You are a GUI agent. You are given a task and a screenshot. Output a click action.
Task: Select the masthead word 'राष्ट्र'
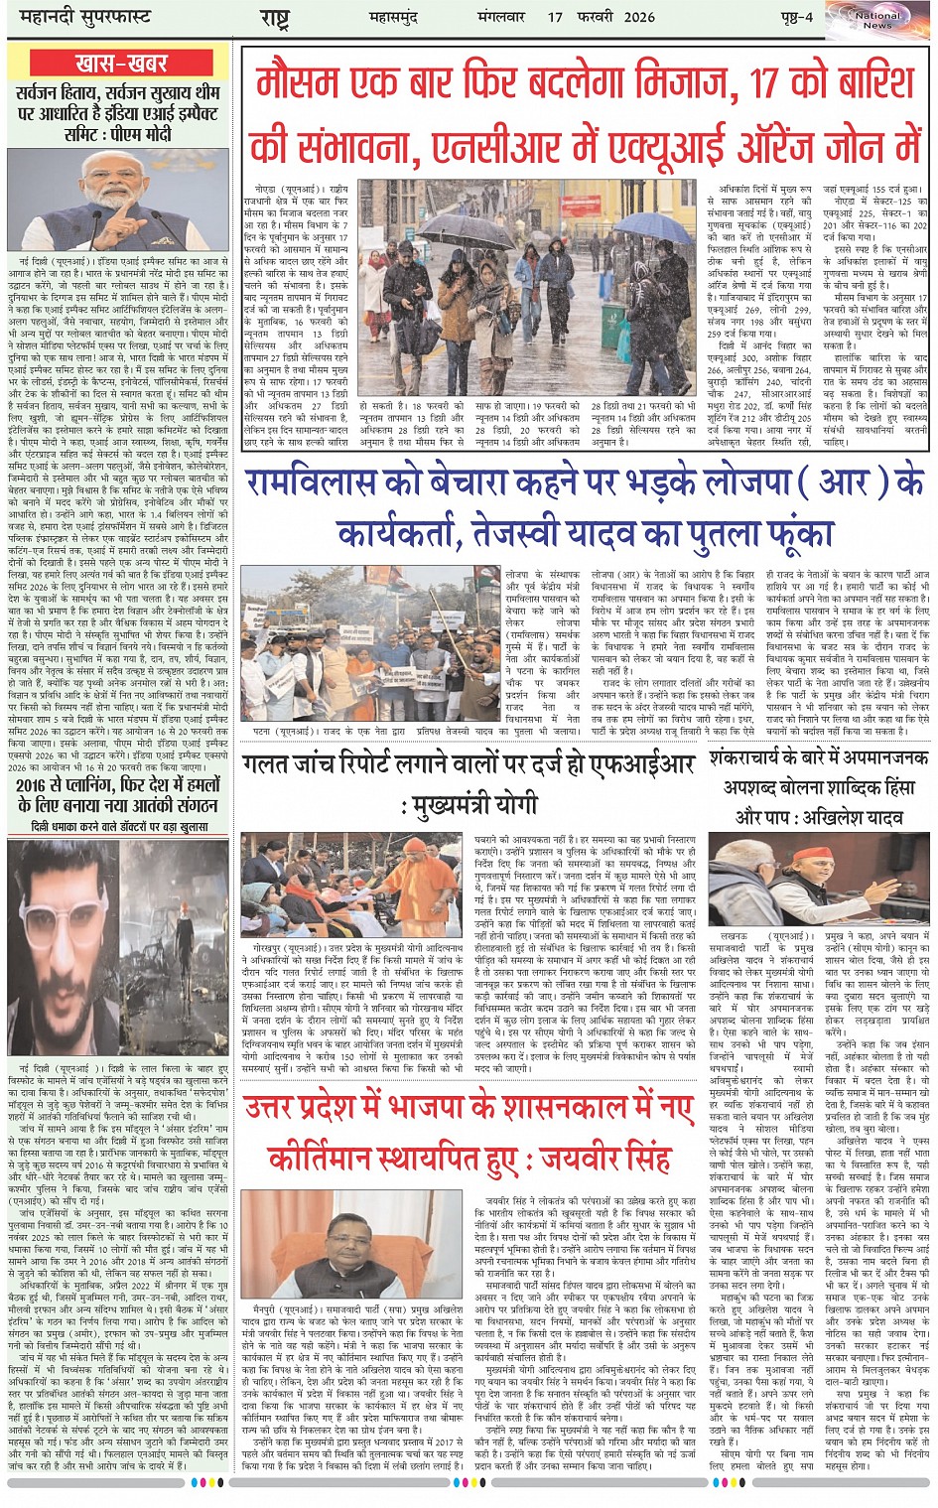(x=274, y=18)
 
